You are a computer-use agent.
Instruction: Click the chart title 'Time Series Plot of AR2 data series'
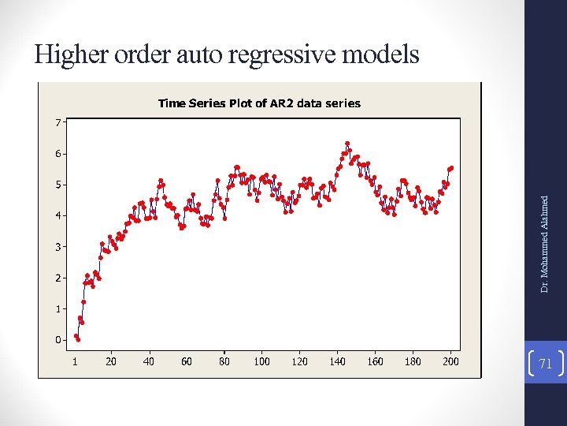(259, 103)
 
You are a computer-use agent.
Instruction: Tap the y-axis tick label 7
(57, 122)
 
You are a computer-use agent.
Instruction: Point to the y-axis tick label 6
(57, 154)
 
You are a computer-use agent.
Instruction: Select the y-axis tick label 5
(57, 185)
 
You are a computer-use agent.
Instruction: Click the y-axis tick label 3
(57, 247)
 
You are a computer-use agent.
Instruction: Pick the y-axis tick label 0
(57, 340)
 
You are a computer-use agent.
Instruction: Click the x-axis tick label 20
(111, 361)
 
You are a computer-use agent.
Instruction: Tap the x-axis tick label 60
(187, 361)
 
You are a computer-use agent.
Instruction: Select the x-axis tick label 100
(261, 361)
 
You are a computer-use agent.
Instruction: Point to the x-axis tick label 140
(337, 361)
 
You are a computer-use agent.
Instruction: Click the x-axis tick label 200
(450, 361)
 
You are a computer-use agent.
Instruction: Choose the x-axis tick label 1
(75, 361)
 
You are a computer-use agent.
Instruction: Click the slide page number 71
(545, 362)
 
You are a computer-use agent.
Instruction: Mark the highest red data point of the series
(347, 144)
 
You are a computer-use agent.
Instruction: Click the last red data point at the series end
(451, 167)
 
